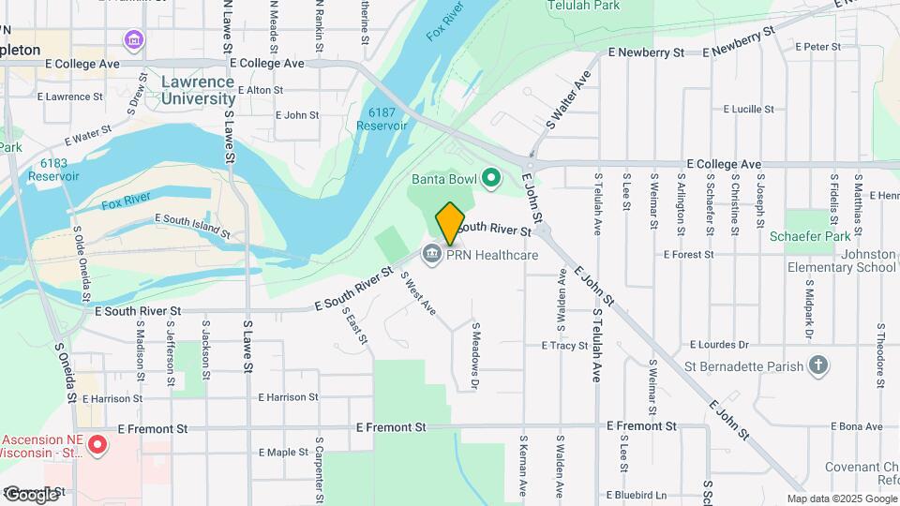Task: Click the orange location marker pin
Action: [x=450, y=223]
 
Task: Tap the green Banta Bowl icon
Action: [x=489, y=177]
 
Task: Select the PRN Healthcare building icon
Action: [x=431, y=255]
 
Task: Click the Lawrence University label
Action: [x=198, y=90]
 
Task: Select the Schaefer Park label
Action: [x=809, y=237]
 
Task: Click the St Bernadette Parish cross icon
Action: [x=818, y=365]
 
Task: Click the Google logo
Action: [x=30, y=494]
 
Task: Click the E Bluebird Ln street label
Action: [x=635, y=495]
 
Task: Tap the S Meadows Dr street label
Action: [x=475, y=356]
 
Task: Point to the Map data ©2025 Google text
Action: [x=841, y=499]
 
